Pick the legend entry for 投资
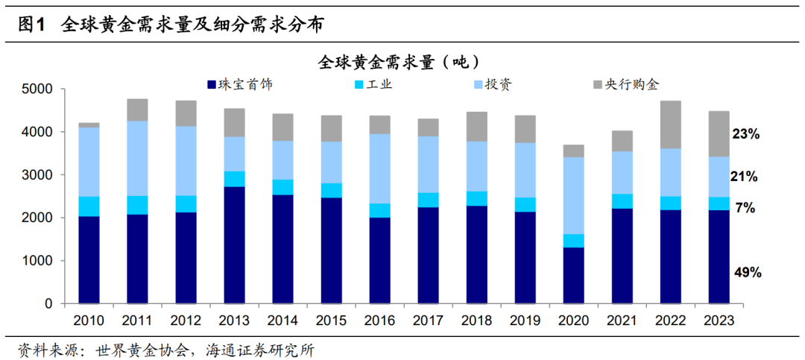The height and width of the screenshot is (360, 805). pyautogui.click(x=499, y=84)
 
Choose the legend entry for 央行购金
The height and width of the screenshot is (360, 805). pyautogui.click(x=633, y=84)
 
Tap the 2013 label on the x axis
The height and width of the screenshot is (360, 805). pyautogui.click(x=233, y=320)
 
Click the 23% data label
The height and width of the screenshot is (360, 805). pyautogui.click(x=745, y=135)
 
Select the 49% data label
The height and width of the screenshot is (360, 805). pyautogui.click(x=745, y=273)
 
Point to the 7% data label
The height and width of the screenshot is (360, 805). pyautogui.click(x=745, y=208)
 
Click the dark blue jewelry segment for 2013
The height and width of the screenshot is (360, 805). pyautogui.click(x=234, y=245)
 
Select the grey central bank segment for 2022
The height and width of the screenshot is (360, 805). pyautogui.click(x=671, y=124)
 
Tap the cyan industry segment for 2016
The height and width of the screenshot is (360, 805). pyautogui.click(x=379, y=210)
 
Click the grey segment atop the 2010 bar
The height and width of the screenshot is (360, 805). pyautogui.click(x=89, y=125)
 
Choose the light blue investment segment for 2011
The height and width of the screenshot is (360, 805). pyautogui.click(x=137, y=158)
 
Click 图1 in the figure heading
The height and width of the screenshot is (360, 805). pyautogui.click(x=31, y=25)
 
